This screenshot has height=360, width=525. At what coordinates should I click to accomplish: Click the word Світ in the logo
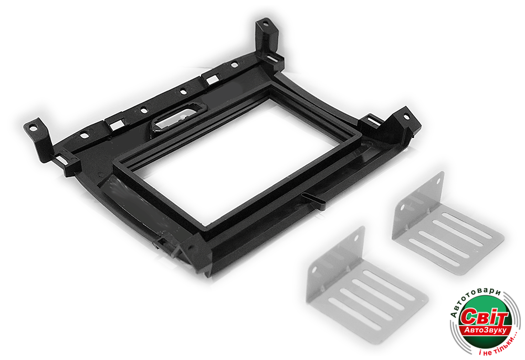[484, 316]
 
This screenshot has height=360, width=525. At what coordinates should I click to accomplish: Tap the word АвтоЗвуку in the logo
[487, 331]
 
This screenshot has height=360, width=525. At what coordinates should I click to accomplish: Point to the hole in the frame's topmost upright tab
[265, 24]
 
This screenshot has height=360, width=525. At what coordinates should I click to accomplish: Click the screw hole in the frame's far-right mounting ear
[406, 117]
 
